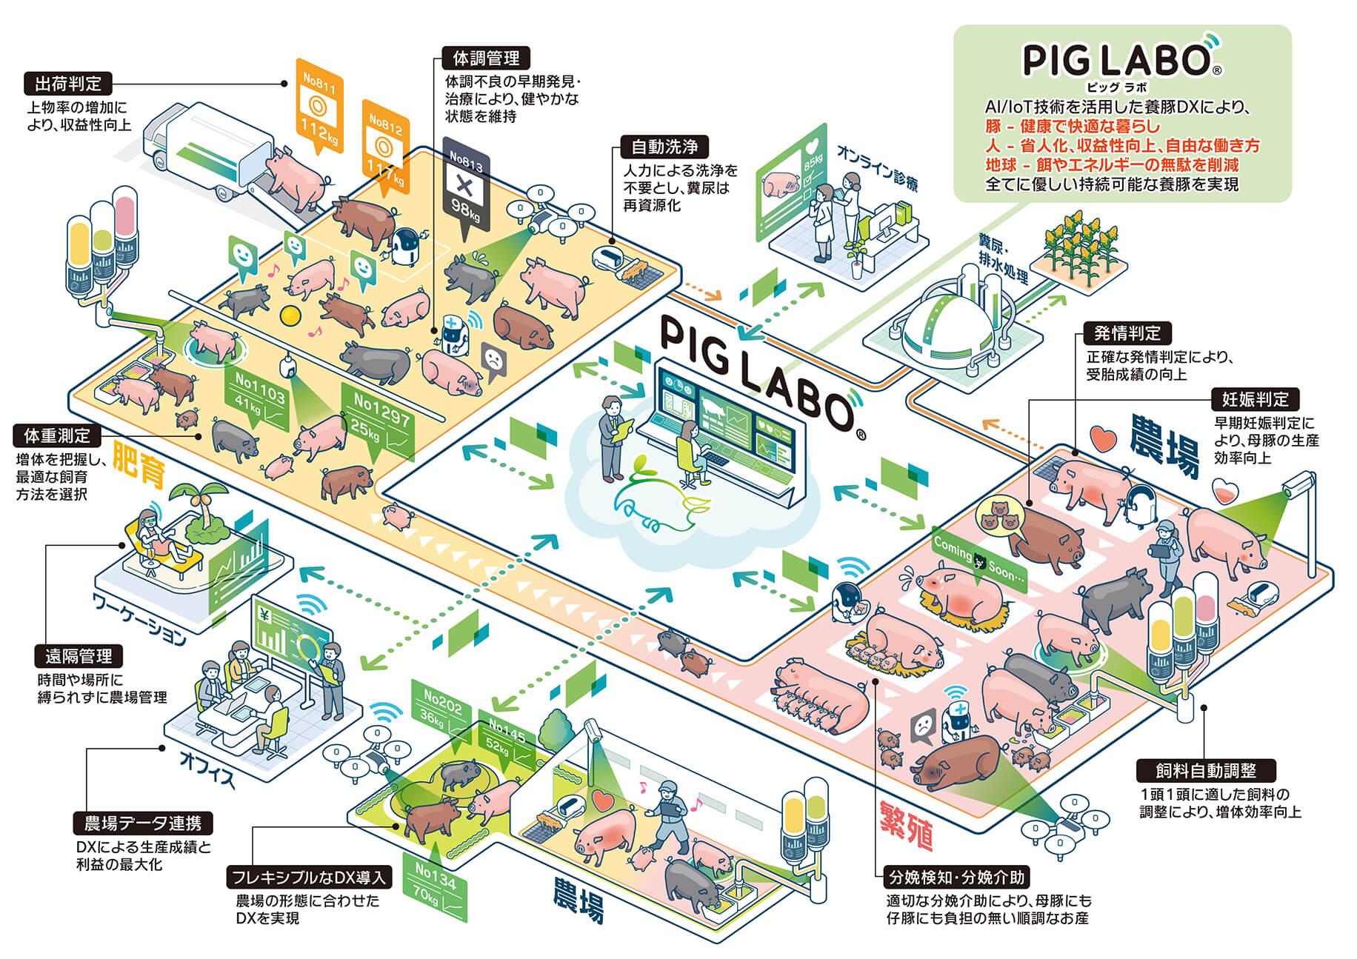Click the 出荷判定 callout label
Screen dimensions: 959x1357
pos(67,83)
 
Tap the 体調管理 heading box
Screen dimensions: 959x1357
pos(486,58)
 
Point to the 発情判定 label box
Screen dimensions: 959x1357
pos(1127,333)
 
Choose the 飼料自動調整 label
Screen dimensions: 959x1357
pos(1206,770)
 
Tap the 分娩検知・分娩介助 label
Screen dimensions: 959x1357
pos(956,878)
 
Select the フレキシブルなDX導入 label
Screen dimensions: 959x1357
pos(308,878)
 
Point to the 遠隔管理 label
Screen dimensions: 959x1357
pos(79,655)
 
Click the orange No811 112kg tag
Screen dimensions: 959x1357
pos(319,105)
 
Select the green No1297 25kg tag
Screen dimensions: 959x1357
pos(379,421)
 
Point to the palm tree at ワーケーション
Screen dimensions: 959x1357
pos(204,511)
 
